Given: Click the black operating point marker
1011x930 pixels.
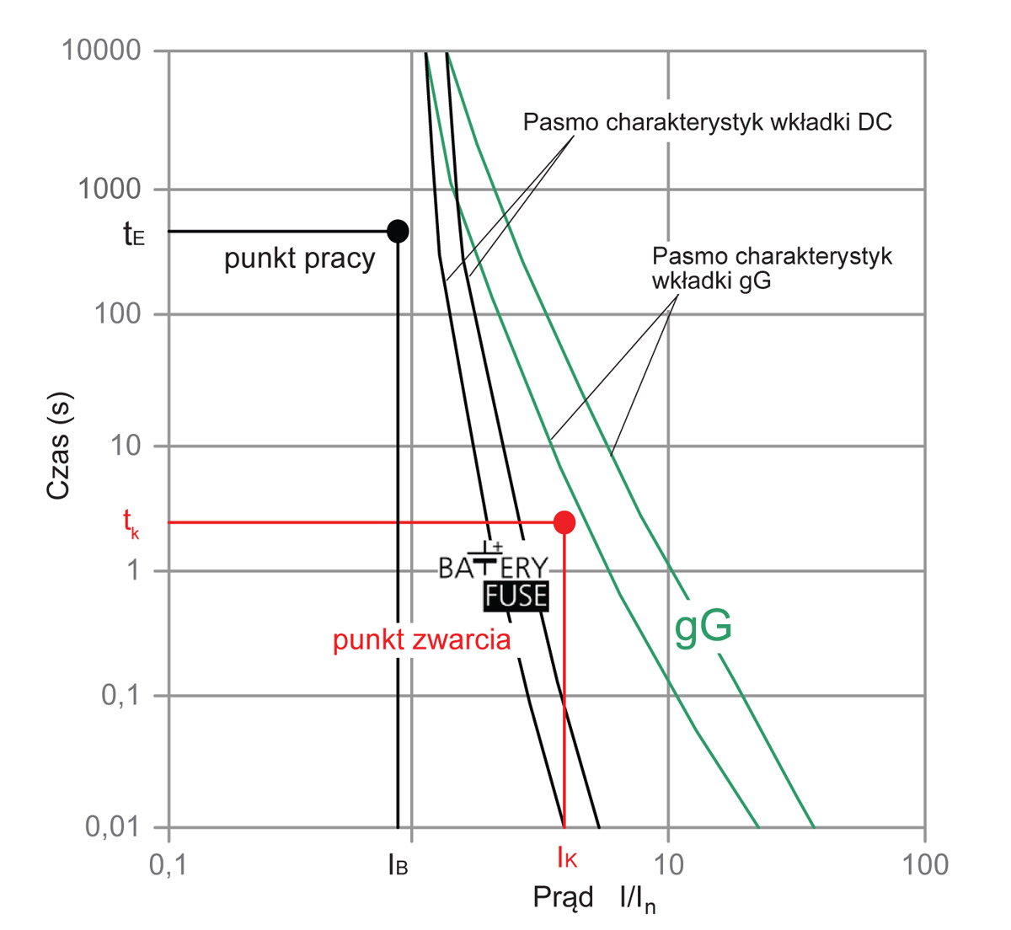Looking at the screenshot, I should [x=398, y=231].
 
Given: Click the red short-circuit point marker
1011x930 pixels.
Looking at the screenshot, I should [x=564, y=522].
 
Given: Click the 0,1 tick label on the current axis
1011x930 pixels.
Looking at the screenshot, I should [x=168, y=865].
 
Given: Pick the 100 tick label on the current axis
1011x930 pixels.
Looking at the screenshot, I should [x=923, y=865].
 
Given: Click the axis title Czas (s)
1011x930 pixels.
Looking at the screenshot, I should [x=58, y=446].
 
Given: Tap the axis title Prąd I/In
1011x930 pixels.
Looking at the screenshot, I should [x=594, y=899].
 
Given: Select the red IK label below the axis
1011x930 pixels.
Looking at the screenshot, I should [x=566, y=860].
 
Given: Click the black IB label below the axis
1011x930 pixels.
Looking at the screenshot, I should [x=398, y=864].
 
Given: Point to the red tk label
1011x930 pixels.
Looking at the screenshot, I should [x=131, y=521].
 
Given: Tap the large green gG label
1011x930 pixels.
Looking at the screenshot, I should [x=703, y=628].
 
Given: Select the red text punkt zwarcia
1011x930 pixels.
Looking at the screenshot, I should [x=421, y=640].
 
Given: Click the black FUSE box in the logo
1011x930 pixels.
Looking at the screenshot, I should [x=516, y=596].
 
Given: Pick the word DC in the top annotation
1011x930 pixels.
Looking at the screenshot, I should [x=874, y=122].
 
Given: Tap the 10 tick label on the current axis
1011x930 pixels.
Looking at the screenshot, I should [x=667, y=865].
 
